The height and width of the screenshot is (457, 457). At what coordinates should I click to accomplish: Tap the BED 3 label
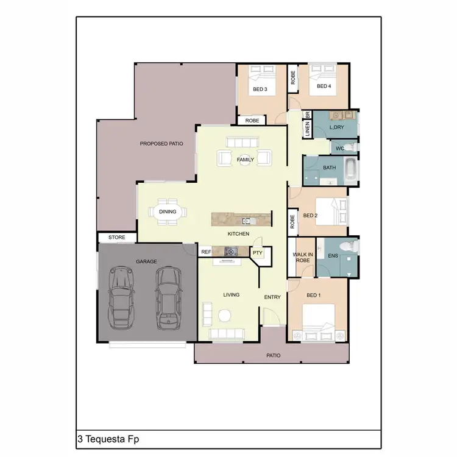[x=260, y=90]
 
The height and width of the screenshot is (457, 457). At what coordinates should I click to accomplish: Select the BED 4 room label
[x=324, y=86]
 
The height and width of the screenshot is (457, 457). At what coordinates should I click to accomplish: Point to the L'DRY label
[x=338, y=128]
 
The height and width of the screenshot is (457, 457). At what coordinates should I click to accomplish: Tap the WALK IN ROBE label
[x=302, y=257]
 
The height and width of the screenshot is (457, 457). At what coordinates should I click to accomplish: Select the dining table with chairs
[x=168, y=212]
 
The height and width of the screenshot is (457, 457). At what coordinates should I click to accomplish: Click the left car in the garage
[x=122, y=297]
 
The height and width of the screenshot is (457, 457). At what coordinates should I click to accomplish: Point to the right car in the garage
[x=168, y=297]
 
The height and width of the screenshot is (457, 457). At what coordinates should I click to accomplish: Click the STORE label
[x=116, y=237]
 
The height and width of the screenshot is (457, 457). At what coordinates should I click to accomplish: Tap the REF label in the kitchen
[x=206, y=251]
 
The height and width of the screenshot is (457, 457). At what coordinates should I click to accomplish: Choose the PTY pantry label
[x=257, y=252]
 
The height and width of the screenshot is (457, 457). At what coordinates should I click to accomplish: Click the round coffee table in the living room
[x=225, y=316]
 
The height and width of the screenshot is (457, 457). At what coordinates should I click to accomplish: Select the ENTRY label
[x=272, y=297]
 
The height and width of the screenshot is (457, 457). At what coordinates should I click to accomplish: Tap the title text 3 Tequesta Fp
[x=104, y=439]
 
